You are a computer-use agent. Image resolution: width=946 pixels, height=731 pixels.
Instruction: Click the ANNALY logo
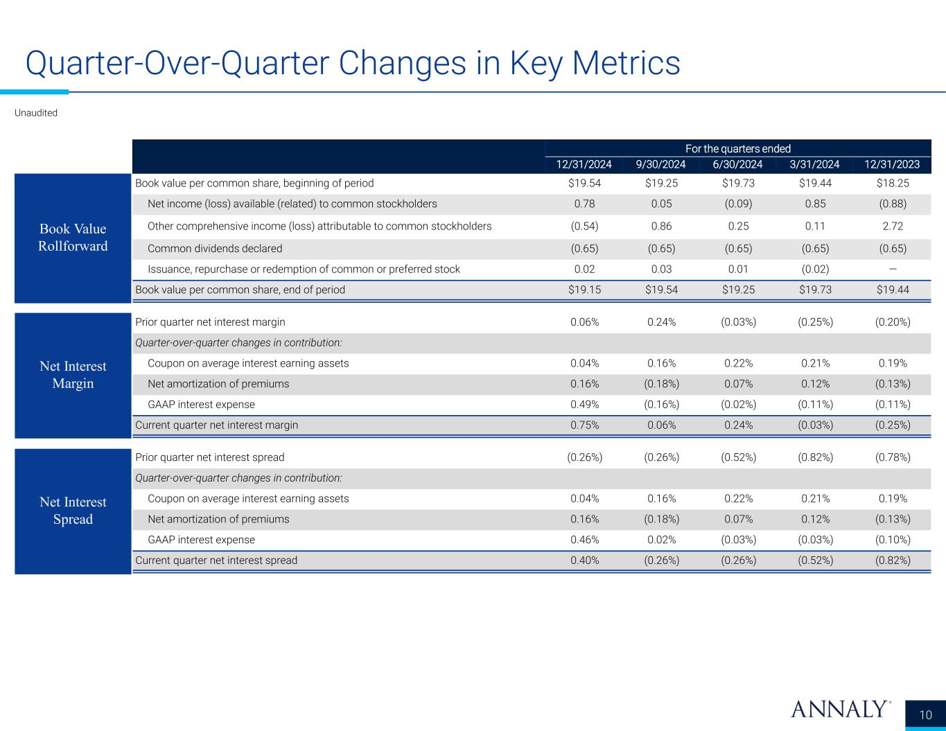tap(841, 710)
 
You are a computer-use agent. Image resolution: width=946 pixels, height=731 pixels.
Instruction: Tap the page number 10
tap(925, 715)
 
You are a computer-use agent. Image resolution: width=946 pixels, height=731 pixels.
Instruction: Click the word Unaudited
tap(36, 113)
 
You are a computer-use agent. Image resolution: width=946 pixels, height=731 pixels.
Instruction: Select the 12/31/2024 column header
tap(584, 164)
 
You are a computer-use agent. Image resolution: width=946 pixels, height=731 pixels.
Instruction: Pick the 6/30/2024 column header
tap(737, 164)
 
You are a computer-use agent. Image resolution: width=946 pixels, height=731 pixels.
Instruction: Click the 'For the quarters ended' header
tap(738, 148)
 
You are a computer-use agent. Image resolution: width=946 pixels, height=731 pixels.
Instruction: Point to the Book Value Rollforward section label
tap(73, 237)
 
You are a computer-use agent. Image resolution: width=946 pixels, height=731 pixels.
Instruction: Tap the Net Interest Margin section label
tap(73, 375)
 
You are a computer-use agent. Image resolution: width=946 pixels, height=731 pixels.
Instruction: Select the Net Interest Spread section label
tap(73, 511)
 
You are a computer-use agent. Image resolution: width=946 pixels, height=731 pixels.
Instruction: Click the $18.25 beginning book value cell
tap(893, 183)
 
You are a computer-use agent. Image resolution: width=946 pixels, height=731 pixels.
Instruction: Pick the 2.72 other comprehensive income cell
tap(893, 227)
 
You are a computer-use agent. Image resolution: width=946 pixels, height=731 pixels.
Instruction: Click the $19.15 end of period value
tap(584, 290)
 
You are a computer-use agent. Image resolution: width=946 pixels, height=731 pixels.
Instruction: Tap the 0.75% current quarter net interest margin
tap(584, 425)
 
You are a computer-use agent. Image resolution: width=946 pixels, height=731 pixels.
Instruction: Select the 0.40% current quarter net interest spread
tap(584, 561)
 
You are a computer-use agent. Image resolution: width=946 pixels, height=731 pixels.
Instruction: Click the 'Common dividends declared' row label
tap(215, 249)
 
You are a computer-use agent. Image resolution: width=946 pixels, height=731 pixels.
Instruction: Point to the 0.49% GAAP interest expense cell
tap(584, 405)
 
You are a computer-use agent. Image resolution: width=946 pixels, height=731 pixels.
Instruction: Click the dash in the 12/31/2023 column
tap(893, 269)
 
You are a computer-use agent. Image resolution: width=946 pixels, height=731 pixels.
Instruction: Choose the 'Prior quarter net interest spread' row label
tap(209, 457)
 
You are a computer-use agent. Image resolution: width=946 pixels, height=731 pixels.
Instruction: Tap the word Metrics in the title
tap(626, 63)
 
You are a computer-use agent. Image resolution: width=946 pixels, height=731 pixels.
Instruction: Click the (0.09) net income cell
tap(738, 204)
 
